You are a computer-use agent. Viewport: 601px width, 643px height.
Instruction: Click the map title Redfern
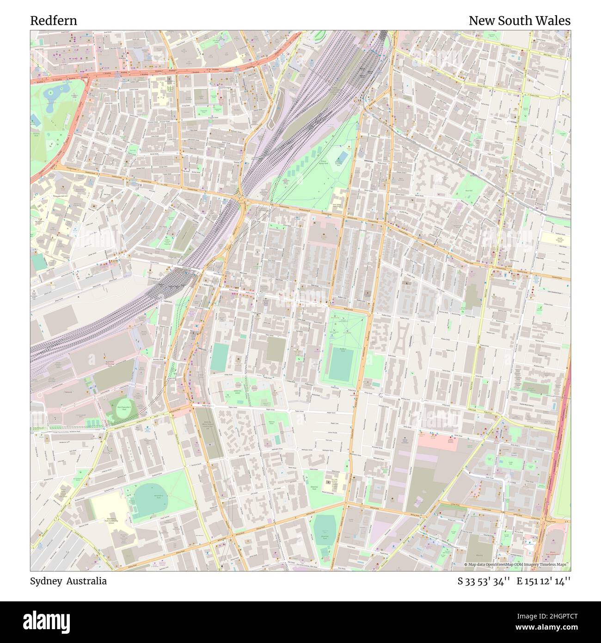pyautogui.click(x=54, y=21)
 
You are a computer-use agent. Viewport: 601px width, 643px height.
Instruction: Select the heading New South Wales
pyautogui.click(x=519, y=21)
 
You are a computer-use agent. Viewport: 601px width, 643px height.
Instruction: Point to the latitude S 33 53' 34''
pyautogui.click(x=484, y=581)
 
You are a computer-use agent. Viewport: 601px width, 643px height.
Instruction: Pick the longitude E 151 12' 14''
pyautogui.click(x=544, y=581)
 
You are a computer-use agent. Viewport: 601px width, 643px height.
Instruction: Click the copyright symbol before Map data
pyautogui.click(x=466, y=564)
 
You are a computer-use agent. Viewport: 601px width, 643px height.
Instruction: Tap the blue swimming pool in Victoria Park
pyautogui.click(x=36, y=120)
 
